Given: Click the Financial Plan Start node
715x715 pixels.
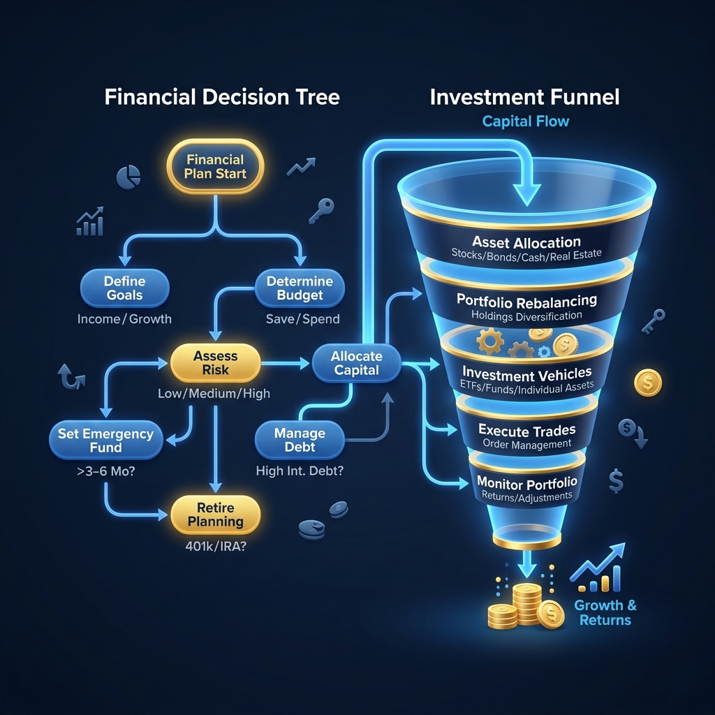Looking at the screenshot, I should tap(216, 167).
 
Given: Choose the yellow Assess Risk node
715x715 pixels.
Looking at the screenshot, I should tap(215, 362).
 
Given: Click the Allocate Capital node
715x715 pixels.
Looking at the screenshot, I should tap(356, 363).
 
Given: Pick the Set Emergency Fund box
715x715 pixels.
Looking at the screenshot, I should tap(105, 440).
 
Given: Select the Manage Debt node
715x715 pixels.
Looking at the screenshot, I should tap(300, 440).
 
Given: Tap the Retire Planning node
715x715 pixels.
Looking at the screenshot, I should tap(215, 514).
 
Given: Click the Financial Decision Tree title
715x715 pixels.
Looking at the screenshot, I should tap(222, 96).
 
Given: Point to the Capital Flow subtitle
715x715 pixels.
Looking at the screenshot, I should tap(525, 121).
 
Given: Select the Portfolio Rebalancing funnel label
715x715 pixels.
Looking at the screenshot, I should tap(526, 301).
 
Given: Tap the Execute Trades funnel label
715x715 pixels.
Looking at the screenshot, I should tap(526, 430).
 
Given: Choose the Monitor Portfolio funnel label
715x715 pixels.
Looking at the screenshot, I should tap(526, 482).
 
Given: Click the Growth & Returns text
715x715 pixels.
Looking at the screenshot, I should tap(605, 612).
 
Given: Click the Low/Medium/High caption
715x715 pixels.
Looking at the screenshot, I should tap(214, 394).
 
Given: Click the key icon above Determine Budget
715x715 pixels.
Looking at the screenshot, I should tap(323, 207).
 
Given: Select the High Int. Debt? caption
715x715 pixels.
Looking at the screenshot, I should tap(300, 471).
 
